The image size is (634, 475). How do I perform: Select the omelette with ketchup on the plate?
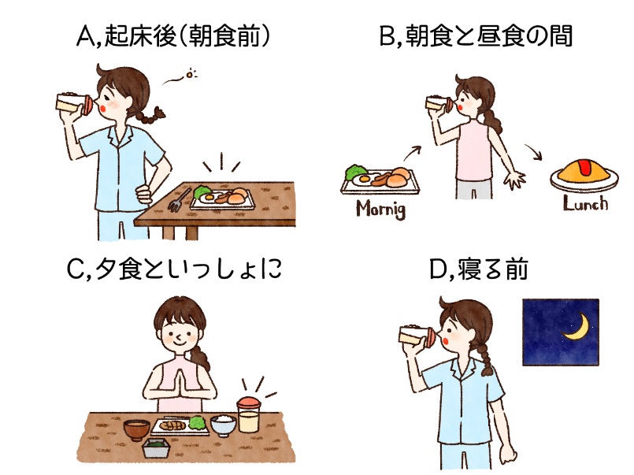tap(580, 173)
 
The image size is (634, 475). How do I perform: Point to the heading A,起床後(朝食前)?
tap(168, 37)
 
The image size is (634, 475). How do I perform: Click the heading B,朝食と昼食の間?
tap(476, 37)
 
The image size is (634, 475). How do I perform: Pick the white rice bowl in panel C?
tap(223, 425)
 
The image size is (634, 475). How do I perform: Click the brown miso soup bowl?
tap(137, 431)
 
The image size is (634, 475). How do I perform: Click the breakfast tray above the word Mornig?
tap(380, 180)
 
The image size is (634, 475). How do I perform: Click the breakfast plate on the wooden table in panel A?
tap(222, 197)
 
